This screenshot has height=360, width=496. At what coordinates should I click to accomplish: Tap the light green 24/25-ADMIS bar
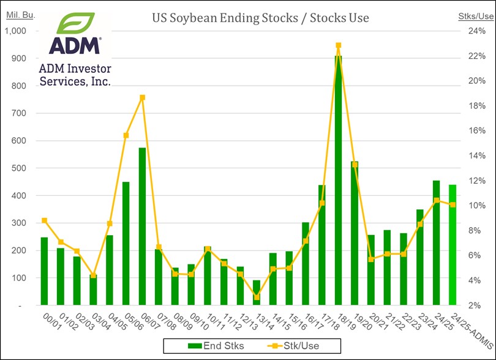[453, 245]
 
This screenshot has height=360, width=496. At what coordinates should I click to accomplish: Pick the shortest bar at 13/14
[257, 293]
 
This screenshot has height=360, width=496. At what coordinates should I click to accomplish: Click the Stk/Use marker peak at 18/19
[338, 45]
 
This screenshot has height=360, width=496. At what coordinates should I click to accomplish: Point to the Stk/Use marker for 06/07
[142, 97]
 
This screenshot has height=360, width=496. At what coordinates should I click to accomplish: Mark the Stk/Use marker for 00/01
[44, 220]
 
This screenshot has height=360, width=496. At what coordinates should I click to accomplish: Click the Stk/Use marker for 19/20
[355, 164]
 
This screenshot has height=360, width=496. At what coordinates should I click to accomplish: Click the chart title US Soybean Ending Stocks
[260, 18]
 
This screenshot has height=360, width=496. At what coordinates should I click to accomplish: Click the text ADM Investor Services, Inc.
[75, 75]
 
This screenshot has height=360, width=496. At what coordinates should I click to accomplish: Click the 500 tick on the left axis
[22, 168]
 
